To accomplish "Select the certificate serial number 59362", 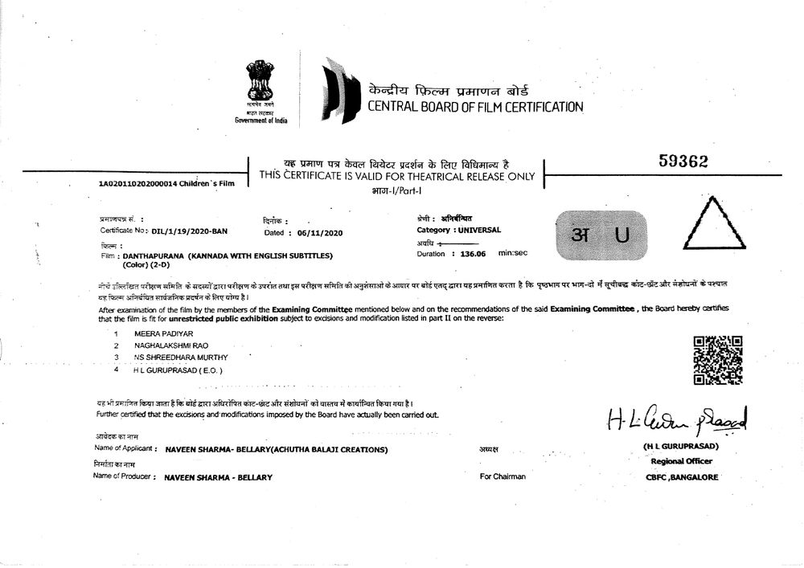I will tap(682, 161).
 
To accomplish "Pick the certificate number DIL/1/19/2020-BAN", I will tap(190, 231).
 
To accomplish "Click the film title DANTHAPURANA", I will tap(154, 255).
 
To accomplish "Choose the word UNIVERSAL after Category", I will tap(479, 230).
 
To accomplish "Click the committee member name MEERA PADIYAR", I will tap(158, 333).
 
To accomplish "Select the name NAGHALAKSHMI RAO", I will tap(166, 345).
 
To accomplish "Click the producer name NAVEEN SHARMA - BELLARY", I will tap(218, 477).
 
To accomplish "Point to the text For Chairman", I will tap(503, 476).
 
